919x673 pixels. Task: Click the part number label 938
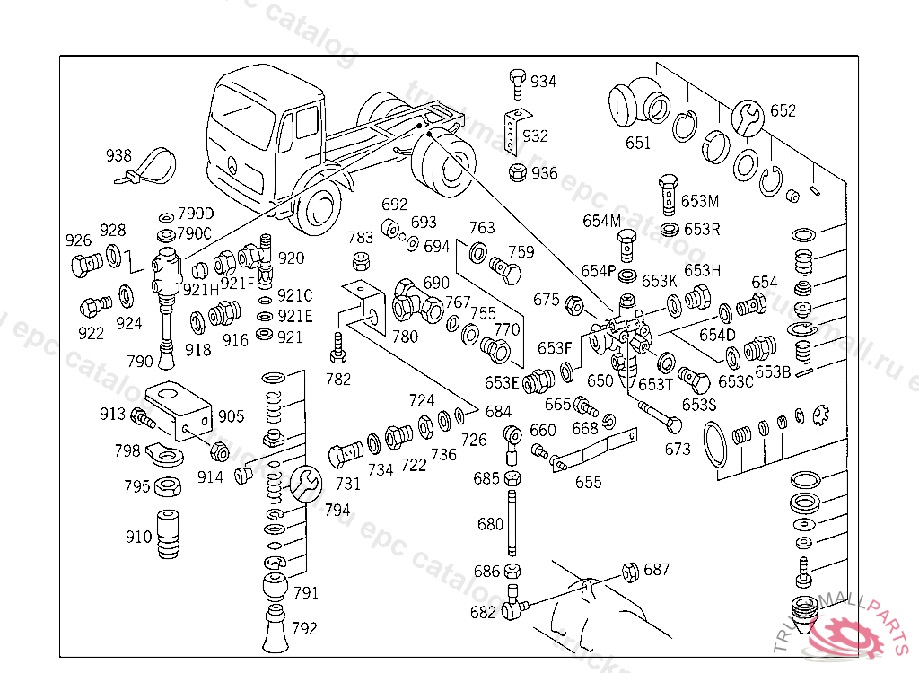[118, 155]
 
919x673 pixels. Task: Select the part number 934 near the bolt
[543, 82]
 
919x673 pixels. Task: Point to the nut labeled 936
[517, 172]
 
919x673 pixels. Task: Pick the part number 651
[638, 143]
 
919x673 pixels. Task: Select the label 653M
[700, 201]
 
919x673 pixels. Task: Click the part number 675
[547, 300]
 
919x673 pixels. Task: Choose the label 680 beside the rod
[490, 523]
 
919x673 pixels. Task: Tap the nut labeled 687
[630, 570]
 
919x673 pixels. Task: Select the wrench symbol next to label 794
[303, 484]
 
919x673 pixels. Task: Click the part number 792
[304, 628]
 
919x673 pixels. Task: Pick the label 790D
[196, 214]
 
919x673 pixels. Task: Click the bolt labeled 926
[86, 266]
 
